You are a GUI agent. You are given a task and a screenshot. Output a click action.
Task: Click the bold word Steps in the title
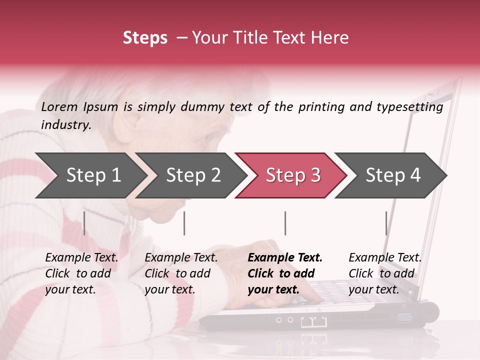pyautogui.click(x=145, y=38)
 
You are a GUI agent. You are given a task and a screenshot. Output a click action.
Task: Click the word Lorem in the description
pyautogui.click(x=59, y=106)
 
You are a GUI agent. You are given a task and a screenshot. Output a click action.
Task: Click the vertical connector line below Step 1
pyautogui.click(x=84, y=223)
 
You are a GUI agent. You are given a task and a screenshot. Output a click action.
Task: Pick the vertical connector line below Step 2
pyautogui.click(x=184, y=223)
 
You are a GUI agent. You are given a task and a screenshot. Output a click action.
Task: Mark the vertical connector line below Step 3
pyautogui.click(x=285, y=223)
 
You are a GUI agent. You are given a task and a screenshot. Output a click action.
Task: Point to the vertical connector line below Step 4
pyautogui.click(x=386, y=223)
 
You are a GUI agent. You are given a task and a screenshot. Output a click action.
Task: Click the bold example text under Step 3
pyautogui.click(x=285, y=273)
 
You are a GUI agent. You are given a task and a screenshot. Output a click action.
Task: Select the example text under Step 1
pyautogui.click(x=81, y=273)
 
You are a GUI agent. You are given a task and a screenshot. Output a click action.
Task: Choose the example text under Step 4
pyautogui.click(x=385, y=273)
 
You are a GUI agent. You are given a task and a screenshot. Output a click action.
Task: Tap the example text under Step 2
pyautogui.click(x=181, y=273)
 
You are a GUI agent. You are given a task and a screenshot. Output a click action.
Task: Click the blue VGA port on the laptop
pyautogui.click(x=404, y=316)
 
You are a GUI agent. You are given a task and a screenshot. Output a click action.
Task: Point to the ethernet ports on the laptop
pyautogui.click(x=311, y=322)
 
